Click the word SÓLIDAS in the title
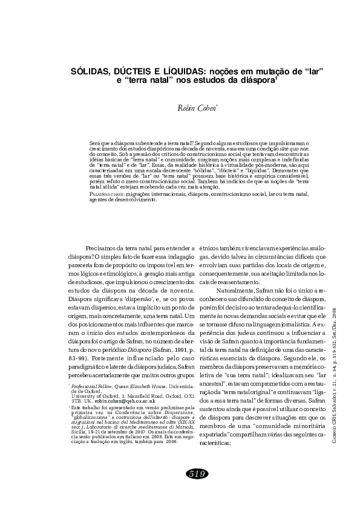(93, 71)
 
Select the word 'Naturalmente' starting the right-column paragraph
(234, 291)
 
